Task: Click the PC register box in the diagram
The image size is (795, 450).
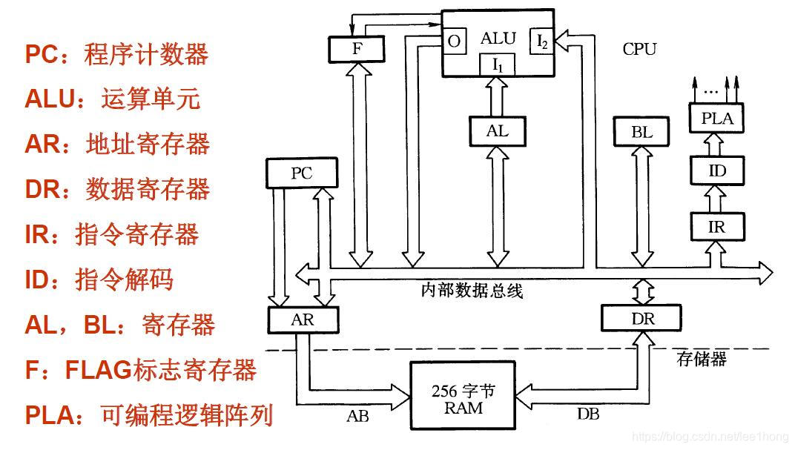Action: pyautogui.click(x=301, y=173)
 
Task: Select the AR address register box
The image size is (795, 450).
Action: pyautogui.click(x=302, y=320)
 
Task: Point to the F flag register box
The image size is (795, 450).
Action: pyautogui.click(x=357, y=48)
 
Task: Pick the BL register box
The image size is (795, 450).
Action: pyautogui.click(x=642, y=132)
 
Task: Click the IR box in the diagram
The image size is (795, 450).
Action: pyautogui.click(x=716, y=226)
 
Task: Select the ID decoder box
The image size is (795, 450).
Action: pyautogui.click(x=716, y=171)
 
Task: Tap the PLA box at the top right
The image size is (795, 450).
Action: pyautogui.click(x=716, y=117)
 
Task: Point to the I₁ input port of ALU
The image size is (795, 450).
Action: pyautogui.click(x=498, y=65)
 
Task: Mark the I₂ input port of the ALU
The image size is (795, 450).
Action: pyautogui.click(x=543, y=42)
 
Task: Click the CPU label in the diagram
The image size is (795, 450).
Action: pyautogui.click(x=639, y=49)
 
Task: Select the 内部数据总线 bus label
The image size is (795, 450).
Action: pyautogui.click(x=472, y=291)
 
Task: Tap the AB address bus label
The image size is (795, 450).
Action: pyautogui.click(x=357, y=415)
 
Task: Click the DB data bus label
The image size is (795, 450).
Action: pyautogui.click(x=588, y=414)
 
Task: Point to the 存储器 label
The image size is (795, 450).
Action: pyautogui.click(x=702, y=360)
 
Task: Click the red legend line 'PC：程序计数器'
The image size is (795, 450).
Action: pyautogui.click(x=116, y=54)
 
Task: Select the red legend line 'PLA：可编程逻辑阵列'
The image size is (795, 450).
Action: pyautogui.click(x=149, y=414)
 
